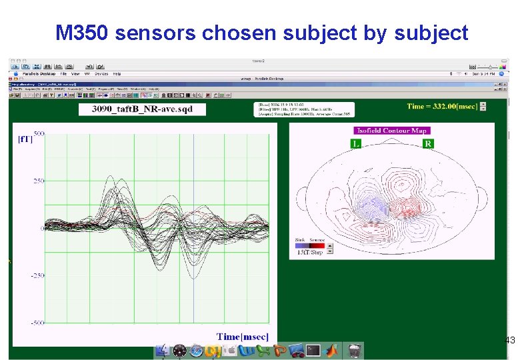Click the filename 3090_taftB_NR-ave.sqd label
[142, 109]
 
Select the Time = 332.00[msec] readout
[443, 106]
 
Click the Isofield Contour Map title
[391, 131]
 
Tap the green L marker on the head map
[357, 143]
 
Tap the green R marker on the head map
[427, 143]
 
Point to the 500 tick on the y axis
[39, 134]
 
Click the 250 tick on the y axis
[39, 181]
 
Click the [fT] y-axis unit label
[24, 139]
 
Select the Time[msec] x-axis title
[243, 337]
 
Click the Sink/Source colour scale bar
[309, 245]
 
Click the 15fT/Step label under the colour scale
[309, 252]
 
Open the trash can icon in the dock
[355, 350]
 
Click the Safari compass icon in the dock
[195, 351]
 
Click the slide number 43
[510, 341]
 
